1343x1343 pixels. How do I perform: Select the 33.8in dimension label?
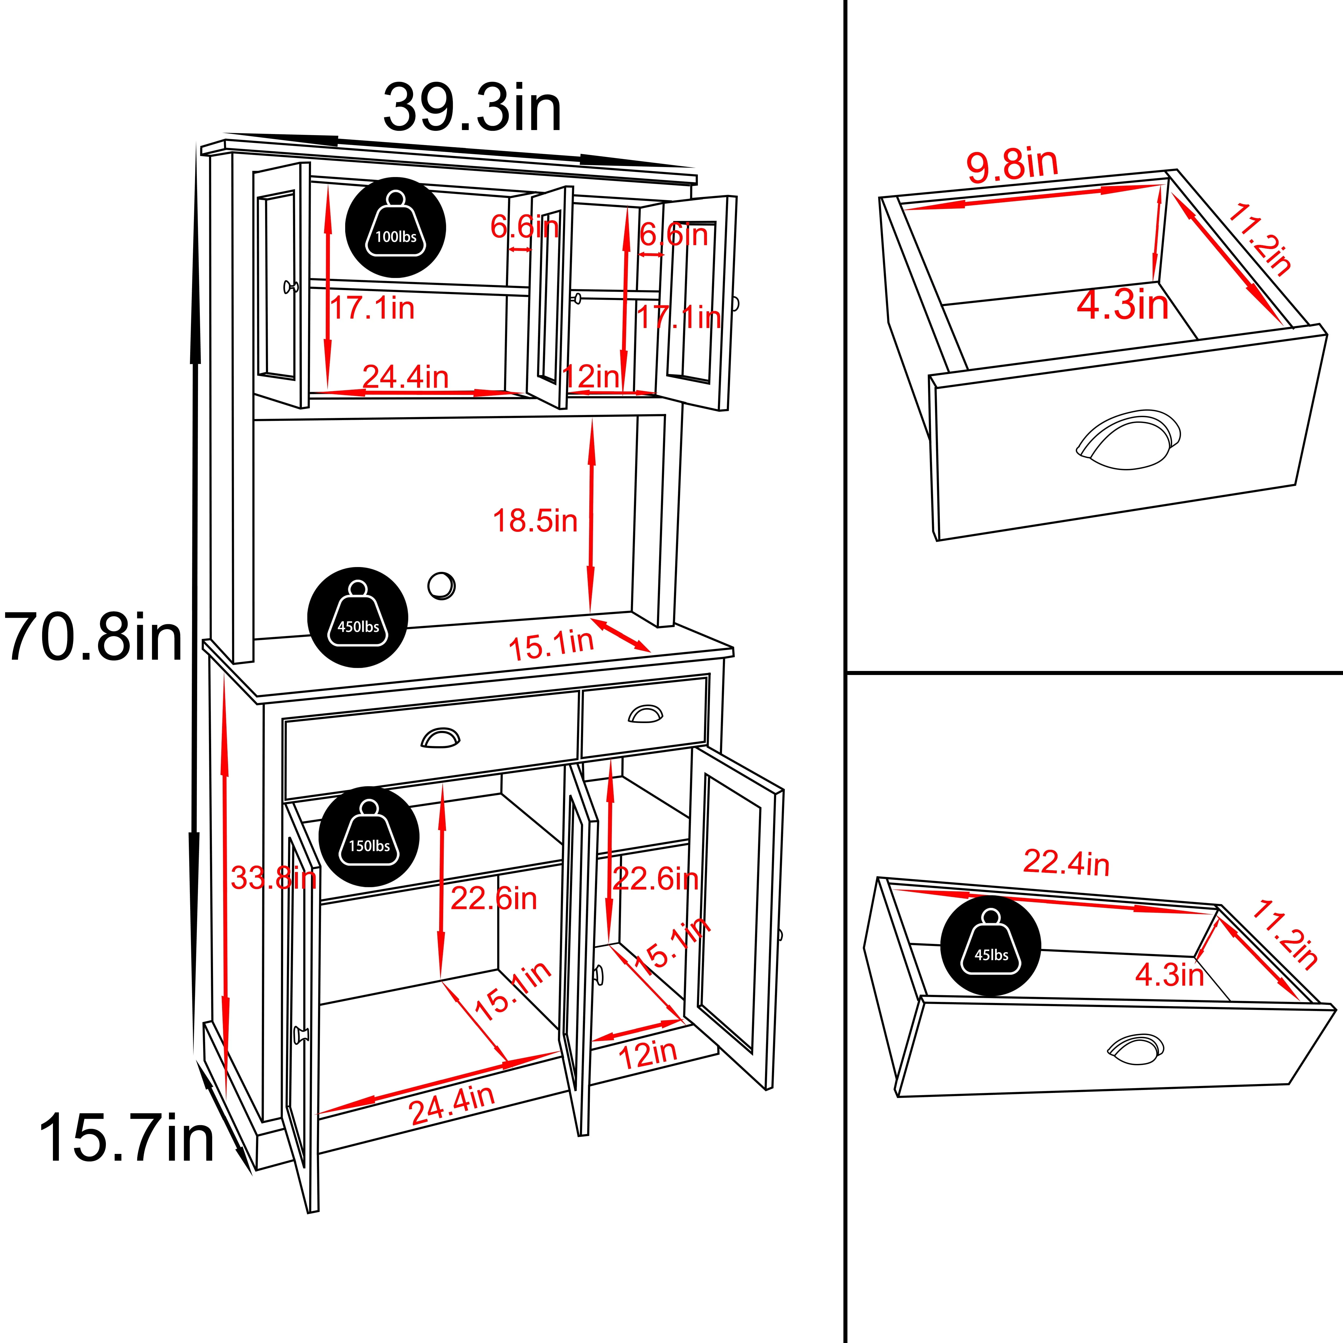point(273,879)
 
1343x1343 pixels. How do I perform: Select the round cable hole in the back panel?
point(441,585)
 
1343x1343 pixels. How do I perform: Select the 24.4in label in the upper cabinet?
point(405,377)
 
